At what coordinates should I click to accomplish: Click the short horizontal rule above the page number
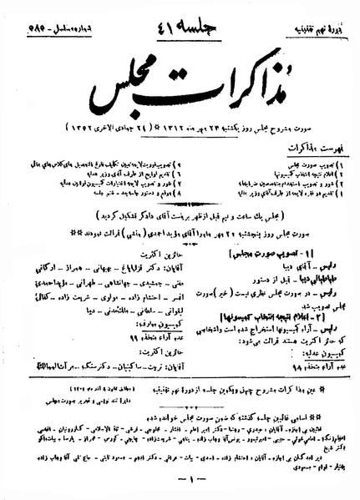(178, 469)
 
